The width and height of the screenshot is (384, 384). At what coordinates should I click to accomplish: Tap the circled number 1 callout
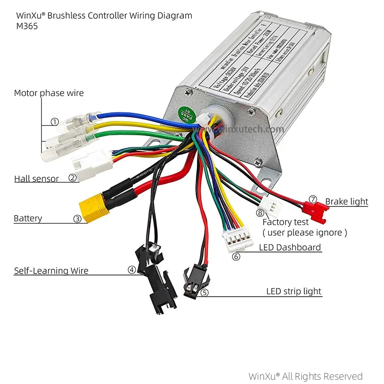[x=55, y=122]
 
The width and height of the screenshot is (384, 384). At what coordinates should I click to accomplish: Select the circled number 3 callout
[x=77, y=219]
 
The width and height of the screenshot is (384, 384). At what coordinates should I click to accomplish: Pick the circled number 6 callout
[x=236, y=256]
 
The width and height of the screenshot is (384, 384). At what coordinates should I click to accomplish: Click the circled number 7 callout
[x=313, y=199]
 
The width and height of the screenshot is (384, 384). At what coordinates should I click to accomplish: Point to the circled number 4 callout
[x=132, y=270]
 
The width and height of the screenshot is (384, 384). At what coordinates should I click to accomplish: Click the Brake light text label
[x=347, y=202]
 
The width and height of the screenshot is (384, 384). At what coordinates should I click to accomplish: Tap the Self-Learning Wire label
[x=51, y=271]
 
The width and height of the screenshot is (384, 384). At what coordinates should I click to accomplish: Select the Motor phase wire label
[x=48, y=93]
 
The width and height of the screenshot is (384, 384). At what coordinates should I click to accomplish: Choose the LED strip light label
[x=294, y=291]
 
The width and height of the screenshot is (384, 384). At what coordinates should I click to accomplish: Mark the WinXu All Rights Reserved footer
[x=305, y=376]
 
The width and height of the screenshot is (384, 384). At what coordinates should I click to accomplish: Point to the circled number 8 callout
[x=260, y=213]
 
